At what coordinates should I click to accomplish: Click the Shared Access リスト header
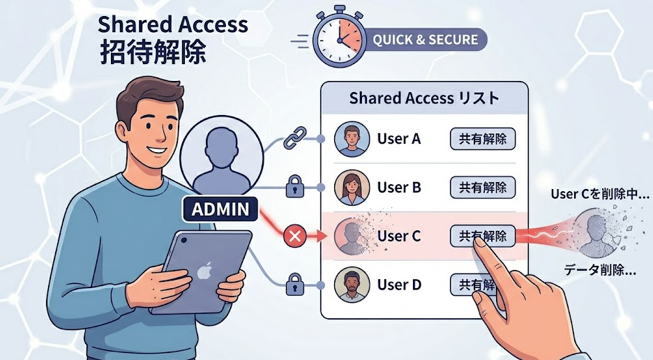(x=424, y=98)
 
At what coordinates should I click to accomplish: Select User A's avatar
(x=352, y=140)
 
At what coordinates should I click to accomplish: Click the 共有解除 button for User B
(x=483, y=188)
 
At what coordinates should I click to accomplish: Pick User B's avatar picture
(x=352, y=188)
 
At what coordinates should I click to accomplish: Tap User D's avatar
(x=352, y=285)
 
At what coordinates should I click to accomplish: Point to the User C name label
(x=399, y=237)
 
